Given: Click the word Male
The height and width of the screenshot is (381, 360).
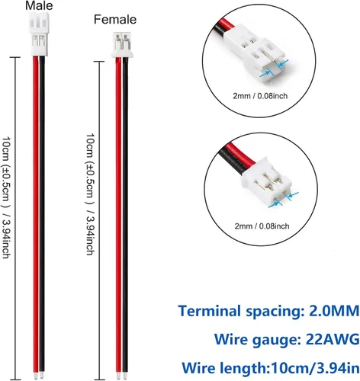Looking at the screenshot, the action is pyautogui.click(x=39, y=5).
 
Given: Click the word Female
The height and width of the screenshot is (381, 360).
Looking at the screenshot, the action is pyautogui.click(x=115, y=20).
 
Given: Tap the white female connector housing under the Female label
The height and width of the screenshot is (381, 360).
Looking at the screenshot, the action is pyautogui.click(x=121, y=45).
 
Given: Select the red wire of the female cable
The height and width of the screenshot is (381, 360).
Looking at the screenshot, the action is pyautogui.click(x=118, y=216).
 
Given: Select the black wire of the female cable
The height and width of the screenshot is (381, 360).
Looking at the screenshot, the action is pyautogui.click(x=125, y=216).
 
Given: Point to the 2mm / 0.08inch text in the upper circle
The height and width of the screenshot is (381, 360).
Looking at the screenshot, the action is pyautogui.click(x=260, y=96).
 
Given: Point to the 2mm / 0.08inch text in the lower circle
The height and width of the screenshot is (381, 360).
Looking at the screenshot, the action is pyautogui.click(x=262, y=226).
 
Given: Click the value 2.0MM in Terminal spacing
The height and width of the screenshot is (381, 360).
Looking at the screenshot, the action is pyautogui.click(x=334, y=311).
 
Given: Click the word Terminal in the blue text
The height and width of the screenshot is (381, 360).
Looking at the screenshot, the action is pyautogui.click(x=210, y=311).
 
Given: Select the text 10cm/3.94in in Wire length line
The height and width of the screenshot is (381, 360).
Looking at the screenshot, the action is pyautogui.click(x=315, y=367).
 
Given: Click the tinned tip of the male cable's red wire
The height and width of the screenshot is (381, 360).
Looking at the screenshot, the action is pyautogui.click(x=35, y=375).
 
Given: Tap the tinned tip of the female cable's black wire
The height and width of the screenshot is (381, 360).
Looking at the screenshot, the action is pyautogui.click(x=125, y=376).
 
